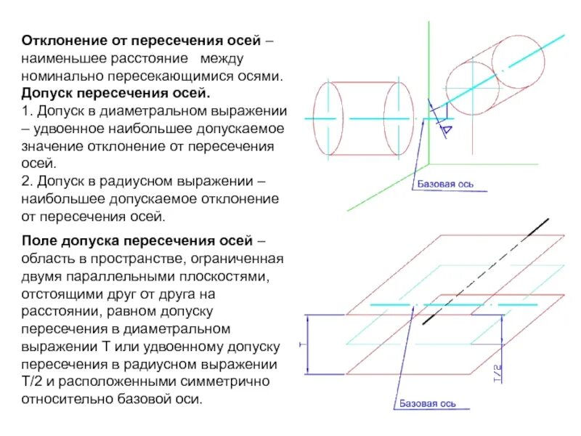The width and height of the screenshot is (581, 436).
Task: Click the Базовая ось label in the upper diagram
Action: pyautogui.click(x=445, y=184)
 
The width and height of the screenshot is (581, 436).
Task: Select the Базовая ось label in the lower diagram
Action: pyautogui.click(x=427, y=403)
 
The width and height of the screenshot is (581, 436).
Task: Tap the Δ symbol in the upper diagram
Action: pyautogui.click(x=445, y=129)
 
